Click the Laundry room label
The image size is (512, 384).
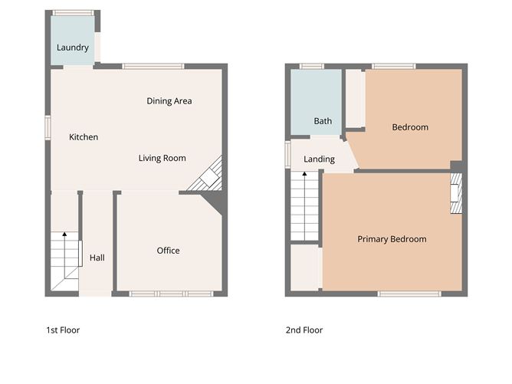tap(73, 48)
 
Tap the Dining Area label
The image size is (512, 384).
tap(169, 101)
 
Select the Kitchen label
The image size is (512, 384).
tap(84, 137)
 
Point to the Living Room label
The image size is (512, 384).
tap(162, 159)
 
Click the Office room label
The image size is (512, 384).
tap(169, 251)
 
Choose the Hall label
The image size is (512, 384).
tap(97, 258)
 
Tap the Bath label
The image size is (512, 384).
tap(323, 121)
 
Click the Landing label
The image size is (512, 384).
tap(319, 159)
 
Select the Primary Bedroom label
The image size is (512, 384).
tap(392, 239)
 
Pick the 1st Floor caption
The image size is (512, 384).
tap(63, 330)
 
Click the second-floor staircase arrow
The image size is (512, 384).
tap(304, 176)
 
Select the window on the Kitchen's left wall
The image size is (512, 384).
tap(48, 128)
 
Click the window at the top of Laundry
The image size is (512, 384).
tap(74, 13)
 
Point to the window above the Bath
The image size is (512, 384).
tap(312, 67)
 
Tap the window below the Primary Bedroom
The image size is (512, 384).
tap(409, 294)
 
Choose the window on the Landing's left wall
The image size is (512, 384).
tap(288, 153)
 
